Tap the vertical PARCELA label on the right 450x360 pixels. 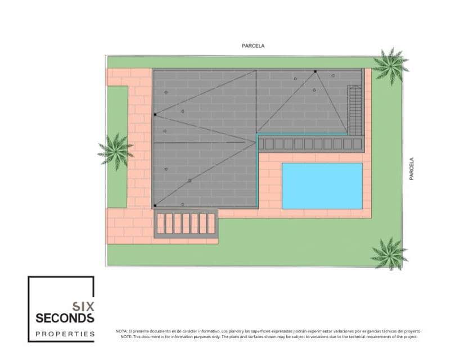(x=411, y=168)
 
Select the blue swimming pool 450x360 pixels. (x=322, y=186)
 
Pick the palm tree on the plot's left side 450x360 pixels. (x=116, y=151)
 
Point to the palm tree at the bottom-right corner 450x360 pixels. (x=388, y=253)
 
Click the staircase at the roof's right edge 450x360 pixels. (x=354, y=110)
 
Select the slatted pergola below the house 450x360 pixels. (x=185, y=224)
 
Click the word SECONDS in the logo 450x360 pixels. (x=65, y=318)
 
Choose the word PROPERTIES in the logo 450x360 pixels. (x=65, y=334)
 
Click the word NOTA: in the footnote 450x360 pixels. (x=121, y=331)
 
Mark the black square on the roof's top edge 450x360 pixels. (x=316, y=71)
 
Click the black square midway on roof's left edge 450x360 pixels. (x=155, y=115)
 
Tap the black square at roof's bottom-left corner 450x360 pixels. (x=155, y=206)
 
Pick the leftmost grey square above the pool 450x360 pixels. (x=269, y=144)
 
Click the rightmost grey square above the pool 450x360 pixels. (x=357, y=144)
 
